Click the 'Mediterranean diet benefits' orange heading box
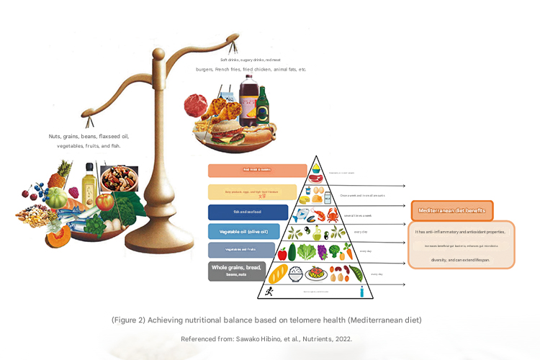point(452,211)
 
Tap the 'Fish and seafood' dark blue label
point(248,212)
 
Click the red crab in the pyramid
point(333,215)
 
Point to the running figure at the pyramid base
point(269,291)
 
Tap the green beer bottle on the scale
point(263,105)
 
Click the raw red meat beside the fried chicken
point(195,105)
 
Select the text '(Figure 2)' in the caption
point(127,319)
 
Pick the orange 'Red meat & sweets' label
point(258,171)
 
